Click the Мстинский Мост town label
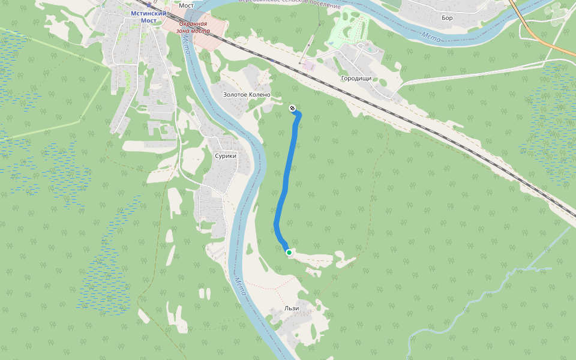pyautogui.click(x=144, y=17)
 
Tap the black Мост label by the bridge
pyautogui.click(x=185, y=5)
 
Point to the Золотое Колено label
pyautogui.click(x=247, y=95)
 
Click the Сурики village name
pyautogui.click(x=226, y=155)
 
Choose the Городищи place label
pyautogui.click(x=356, y=79)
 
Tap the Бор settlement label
pyautogui.click(x=447, y=18)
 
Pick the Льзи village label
pyautogui.click(x=292, y=308)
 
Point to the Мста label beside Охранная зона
pyautogui.click(x=187, y=43)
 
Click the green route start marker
pyautogui.click(x=289, y=253)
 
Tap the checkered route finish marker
pyautogui.click(x=292, y=108)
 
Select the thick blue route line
pyautogui.click(x=286, y=180)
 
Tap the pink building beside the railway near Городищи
pyautogui.click(x=308, y=65)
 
